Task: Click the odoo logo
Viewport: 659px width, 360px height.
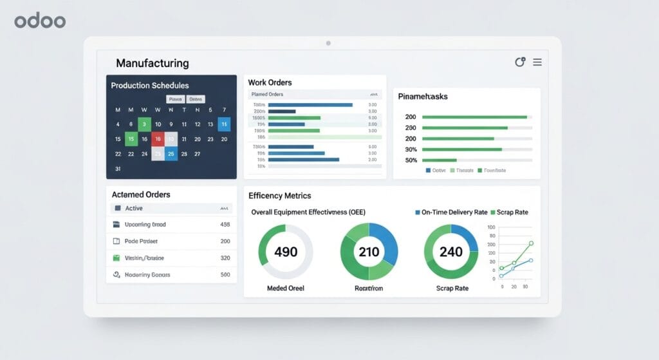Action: [x=40, y=21]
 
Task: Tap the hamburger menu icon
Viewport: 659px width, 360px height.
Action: [x=537, y=62]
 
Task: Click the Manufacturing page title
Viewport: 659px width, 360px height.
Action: [x=153, y=63]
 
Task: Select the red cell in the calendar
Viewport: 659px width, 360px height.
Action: [x=158, y=139]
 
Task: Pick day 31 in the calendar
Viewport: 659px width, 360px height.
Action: [x=118, y=169]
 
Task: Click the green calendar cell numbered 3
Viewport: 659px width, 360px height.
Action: [x=144, y=124]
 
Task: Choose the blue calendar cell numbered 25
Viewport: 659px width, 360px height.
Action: [x=171, y=154]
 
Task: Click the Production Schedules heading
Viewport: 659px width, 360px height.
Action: [x=149, y=86]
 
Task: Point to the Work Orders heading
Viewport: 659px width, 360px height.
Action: [x=270, y=82]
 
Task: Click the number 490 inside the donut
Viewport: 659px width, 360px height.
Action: [x=286, y=252]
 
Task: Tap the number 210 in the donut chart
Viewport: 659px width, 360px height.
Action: [x=369, y=252]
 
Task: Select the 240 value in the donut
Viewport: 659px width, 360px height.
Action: [x=451, y=252]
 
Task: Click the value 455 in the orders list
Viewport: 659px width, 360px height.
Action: [x=225, y=225]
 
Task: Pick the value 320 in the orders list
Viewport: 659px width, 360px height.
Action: [x=225, y=258]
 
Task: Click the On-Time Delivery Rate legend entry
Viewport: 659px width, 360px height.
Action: [x=454, y=212]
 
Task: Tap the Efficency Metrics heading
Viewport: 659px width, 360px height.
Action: [x=279, y=196]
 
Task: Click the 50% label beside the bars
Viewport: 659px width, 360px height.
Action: [x=411, y=160]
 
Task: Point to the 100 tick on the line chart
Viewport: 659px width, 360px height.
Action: [x=491, y=227]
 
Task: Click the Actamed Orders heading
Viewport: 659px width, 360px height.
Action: [x=141, y=194]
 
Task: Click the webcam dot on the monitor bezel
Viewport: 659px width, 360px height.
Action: [x=328, y=43]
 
